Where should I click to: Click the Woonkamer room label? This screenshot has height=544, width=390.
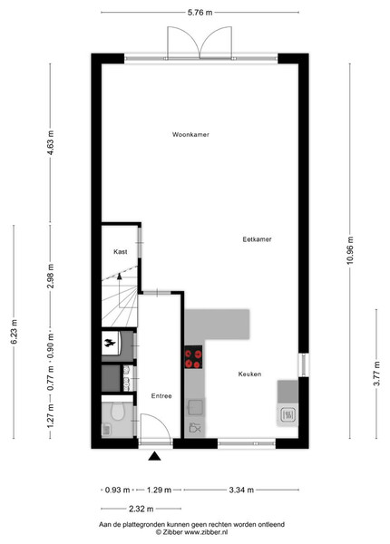tap(190, 134)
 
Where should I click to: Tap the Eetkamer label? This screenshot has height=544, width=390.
tap(257, 239)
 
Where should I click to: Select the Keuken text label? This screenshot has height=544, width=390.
tap(249, 374)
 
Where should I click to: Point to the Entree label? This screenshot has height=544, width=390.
tap(161, 396)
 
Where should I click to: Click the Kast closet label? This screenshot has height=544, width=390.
tap(121, 251)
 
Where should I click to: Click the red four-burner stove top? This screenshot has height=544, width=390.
tap(193, 357)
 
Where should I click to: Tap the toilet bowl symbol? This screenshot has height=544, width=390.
tap(117, 411)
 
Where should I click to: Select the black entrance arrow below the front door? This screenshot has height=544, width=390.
tap(154, 456)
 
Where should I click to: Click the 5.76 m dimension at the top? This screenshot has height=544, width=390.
tap(200, 13)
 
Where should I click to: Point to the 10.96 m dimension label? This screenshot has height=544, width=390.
tap(350, 250)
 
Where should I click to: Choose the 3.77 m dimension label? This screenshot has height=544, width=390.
tap(376, 374)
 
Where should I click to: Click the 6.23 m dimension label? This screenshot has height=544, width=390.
tap(14, 332)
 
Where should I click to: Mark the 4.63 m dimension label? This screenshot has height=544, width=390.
tap(50, 142)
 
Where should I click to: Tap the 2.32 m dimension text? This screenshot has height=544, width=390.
tap(141, 509)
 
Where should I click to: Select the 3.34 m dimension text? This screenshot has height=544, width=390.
tap(241, 490)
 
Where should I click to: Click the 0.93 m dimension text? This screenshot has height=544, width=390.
tap(117, 490)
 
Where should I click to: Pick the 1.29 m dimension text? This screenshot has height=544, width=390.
tap(159, 490)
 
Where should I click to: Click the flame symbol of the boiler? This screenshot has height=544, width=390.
tap(110, 343)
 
